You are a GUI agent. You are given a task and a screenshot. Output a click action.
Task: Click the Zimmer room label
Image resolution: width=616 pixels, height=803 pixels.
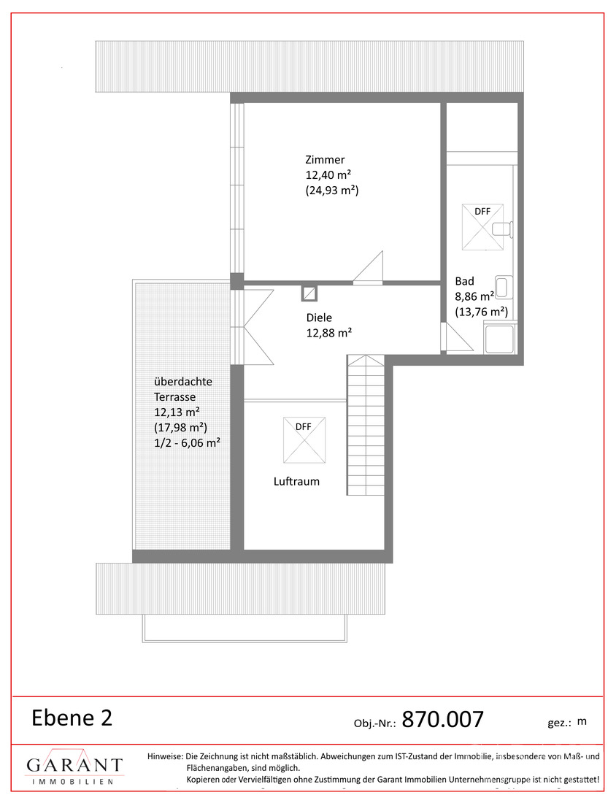(325, 160)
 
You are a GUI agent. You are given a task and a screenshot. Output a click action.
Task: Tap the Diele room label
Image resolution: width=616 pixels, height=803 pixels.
(319, 318)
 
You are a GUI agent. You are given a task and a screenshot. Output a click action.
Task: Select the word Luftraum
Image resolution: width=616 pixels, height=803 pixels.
(296, 481)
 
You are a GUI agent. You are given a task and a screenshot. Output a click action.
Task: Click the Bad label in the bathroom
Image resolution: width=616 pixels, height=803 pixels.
(464, 281)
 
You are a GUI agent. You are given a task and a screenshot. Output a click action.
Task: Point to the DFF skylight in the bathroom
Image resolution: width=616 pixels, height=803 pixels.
(482, 227)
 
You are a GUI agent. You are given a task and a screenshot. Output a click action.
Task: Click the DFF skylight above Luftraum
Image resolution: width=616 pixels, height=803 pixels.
(304, 440)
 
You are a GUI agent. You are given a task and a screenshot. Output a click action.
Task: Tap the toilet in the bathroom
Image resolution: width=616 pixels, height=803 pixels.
(503, 229)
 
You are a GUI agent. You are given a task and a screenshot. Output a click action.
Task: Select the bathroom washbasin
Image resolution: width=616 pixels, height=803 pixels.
(504, 287)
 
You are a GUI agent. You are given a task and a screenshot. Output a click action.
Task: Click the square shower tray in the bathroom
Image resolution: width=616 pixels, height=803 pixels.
(500, 338)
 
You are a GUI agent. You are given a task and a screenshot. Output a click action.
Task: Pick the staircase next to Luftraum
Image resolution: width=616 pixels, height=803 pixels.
(366, 425)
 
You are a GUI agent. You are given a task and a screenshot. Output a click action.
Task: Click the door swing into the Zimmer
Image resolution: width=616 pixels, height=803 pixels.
(368, 266)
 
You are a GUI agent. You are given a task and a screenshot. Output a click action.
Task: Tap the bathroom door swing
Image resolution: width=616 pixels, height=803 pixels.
(455, 337)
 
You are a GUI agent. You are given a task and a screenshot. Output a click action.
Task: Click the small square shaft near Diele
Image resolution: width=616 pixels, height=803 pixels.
(309, 293)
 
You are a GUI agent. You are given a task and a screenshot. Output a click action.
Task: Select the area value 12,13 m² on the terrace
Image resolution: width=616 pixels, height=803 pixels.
(177, 412)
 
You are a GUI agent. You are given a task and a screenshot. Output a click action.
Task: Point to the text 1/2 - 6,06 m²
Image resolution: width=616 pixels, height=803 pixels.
(188, 443)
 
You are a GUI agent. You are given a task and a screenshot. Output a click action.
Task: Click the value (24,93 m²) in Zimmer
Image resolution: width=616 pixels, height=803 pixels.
(332, 191)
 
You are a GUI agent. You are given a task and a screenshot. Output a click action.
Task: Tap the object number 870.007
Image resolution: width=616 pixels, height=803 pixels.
(442, 720)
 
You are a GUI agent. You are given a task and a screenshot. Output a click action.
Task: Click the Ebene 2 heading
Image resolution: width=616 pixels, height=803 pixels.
(72, 718)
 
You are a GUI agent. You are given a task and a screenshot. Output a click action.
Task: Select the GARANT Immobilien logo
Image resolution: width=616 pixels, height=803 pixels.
(74, 766)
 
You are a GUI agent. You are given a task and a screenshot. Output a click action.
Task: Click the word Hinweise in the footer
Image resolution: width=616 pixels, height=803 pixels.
(165, 756)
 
